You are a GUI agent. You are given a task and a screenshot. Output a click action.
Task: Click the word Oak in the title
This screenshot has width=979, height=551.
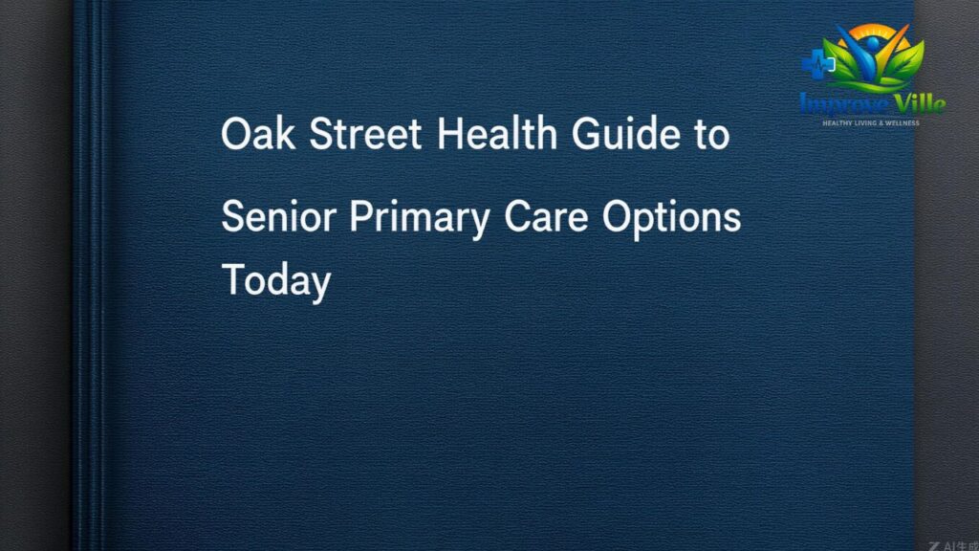[258, 133]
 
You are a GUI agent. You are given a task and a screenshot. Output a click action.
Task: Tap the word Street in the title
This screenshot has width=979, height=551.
[365, 133]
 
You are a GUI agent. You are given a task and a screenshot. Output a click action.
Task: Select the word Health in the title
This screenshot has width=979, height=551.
[496, 133]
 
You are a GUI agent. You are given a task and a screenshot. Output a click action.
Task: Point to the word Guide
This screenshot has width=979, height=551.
[625, 133]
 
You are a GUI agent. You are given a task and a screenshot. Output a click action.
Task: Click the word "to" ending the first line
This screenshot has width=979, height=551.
[711, 135]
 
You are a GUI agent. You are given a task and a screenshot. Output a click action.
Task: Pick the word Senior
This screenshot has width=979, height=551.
[278, 216]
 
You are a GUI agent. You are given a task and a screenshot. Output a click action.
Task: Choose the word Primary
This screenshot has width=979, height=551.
[420, 218]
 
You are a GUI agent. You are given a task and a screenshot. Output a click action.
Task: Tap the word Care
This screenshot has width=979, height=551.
[546, 216]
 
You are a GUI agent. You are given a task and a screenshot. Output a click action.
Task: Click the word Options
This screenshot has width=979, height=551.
[671, 218]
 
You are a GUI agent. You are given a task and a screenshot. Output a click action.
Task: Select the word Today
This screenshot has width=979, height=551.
[276, 281]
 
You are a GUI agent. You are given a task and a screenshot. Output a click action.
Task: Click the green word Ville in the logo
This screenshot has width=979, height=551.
[919, 102]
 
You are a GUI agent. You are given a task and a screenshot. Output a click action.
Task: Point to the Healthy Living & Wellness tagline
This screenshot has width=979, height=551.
[870, 123]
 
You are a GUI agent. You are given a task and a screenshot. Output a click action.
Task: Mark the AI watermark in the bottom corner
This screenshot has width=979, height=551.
[953, 545]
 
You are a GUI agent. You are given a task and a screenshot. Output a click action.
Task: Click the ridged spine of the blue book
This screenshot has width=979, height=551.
[92, 275]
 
